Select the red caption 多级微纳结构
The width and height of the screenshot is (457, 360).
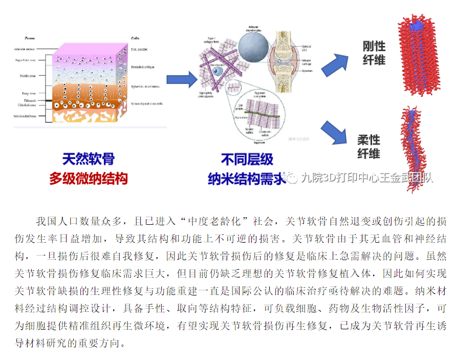pos(88,178)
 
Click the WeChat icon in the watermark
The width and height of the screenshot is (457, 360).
pos(292,178)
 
